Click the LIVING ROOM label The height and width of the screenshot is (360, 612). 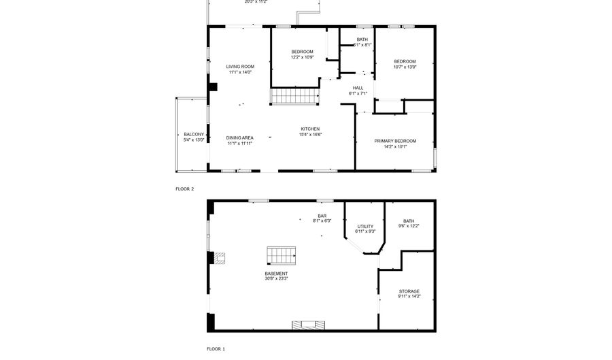[x=240, y=67]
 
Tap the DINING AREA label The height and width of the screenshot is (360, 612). [x=239, y=137]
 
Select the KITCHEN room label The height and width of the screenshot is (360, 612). [x=311, y=129]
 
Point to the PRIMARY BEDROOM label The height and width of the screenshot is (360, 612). [x=395, y=141]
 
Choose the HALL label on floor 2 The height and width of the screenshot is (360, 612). [x=358, y=88]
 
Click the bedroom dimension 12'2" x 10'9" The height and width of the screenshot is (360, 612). [x=303, y=58]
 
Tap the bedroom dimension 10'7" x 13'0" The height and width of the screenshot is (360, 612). [x=405, y=67]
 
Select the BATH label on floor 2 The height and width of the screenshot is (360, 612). [x=362, y=39]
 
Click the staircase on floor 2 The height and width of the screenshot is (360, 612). [x=295, y=96]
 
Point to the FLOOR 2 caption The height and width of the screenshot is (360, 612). [x=184, y=189]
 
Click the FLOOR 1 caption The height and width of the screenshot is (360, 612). [x=216, y=348]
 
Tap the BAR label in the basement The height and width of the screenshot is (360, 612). [x=322, y=215]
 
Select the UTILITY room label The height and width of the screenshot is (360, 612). [x=365, y=226]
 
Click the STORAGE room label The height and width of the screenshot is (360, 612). [x=409, y=291]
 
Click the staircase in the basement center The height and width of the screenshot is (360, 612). [x=282, y=255]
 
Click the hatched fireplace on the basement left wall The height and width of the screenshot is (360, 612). [x=219, y=258]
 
